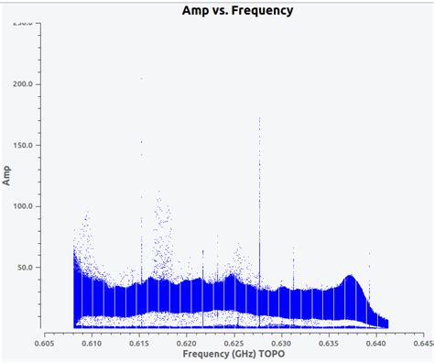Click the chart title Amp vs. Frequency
point(238,10)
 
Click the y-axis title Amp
point(7,176)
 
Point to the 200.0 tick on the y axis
point(23,83)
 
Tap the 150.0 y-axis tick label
point(23,145)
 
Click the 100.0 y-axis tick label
point(23,206)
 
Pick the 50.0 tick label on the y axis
point(26,268)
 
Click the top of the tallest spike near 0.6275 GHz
point(260,118)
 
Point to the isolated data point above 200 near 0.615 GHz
point(141,78)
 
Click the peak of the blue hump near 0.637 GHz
point(350,276)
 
